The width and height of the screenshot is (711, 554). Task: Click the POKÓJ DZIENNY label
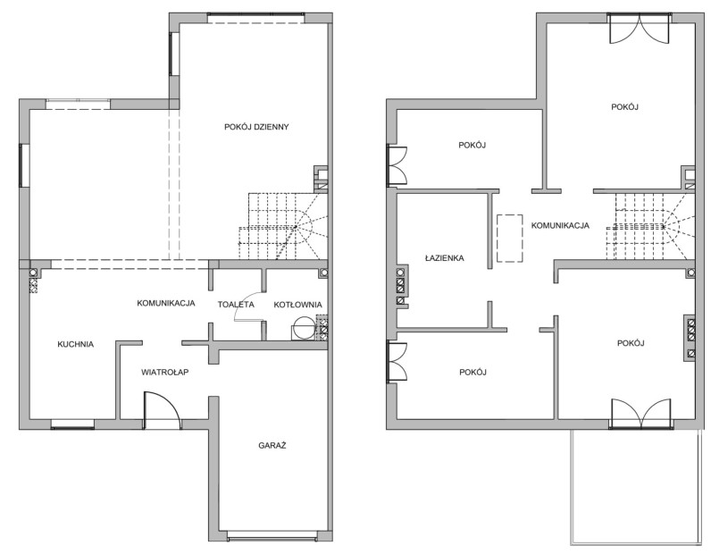click(256, 127)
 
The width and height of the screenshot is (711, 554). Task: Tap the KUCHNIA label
click(76, 344)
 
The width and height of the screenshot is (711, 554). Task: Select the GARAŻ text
click(272, 446)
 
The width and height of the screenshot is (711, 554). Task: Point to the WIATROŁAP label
click(164, 373)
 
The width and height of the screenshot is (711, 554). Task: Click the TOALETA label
click(236, 305)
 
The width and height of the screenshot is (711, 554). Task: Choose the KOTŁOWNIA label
click(298, 305)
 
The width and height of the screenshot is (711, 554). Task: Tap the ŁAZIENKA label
click(445, 258)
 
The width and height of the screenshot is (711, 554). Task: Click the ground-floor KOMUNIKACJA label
click(166, 303)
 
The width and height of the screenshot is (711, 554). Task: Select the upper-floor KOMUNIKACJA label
click(560, 225)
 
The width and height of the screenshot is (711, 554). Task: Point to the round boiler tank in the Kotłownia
click(303, 327)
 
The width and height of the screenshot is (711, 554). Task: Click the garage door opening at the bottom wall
click(272, 538)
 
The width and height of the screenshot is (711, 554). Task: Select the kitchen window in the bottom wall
click(72, 424)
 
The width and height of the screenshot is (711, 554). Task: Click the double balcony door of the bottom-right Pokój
click(640, 414)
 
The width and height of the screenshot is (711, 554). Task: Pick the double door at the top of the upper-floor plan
click(640, 28)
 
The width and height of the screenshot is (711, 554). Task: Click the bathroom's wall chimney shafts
click(400, 287)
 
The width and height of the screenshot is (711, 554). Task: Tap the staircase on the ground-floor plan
click(283, 226)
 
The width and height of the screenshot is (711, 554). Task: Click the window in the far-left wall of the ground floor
click(23, 165)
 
